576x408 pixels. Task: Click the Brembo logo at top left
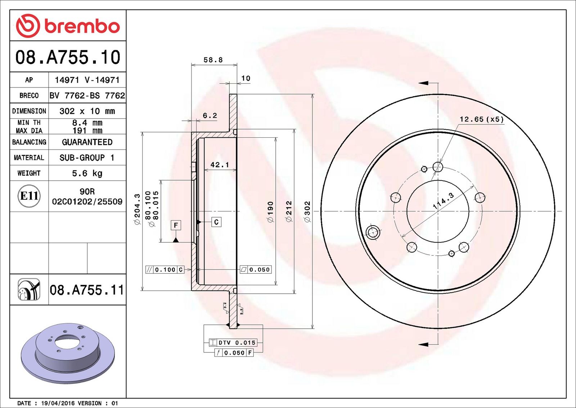tap(68, 26)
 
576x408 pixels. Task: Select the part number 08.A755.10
tap(68, 57)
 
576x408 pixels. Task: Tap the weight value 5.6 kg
tap(87, 173)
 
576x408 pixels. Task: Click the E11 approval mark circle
tap(29, 196)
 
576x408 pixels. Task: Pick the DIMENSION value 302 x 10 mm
tap(87, 111)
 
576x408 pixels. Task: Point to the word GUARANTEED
tap(87, 142)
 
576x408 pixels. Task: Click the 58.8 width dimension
tap(213, 60)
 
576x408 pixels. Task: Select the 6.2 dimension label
tap(210, 116)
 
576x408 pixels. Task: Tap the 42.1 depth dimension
tap(220, 164)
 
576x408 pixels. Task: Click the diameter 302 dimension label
tap(307, 212)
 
